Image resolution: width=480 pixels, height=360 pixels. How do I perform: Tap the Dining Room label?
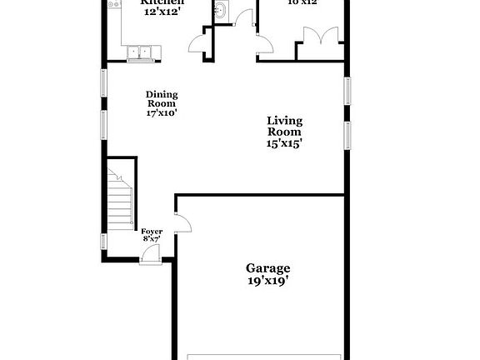point(162,99)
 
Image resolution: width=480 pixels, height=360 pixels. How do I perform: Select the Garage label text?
point(267,267)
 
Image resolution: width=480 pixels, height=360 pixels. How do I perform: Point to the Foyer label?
point(151,231)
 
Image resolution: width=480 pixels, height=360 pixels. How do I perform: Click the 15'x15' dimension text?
point(283,142)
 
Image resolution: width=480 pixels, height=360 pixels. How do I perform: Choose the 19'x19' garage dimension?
point(267,281)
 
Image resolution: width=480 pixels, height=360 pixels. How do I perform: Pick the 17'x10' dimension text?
point(162,112)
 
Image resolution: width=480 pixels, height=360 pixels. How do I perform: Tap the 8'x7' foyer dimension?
point(151,239)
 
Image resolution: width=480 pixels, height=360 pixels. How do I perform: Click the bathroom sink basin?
point(221,11)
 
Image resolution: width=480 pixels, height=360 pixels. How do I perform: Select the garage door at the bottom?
point(262,355)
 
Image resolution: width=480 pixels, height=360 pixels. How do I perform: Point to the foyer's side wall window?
point(104,242)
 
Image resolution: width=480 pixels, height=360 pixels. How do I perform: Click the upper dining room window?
point(104,83)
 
